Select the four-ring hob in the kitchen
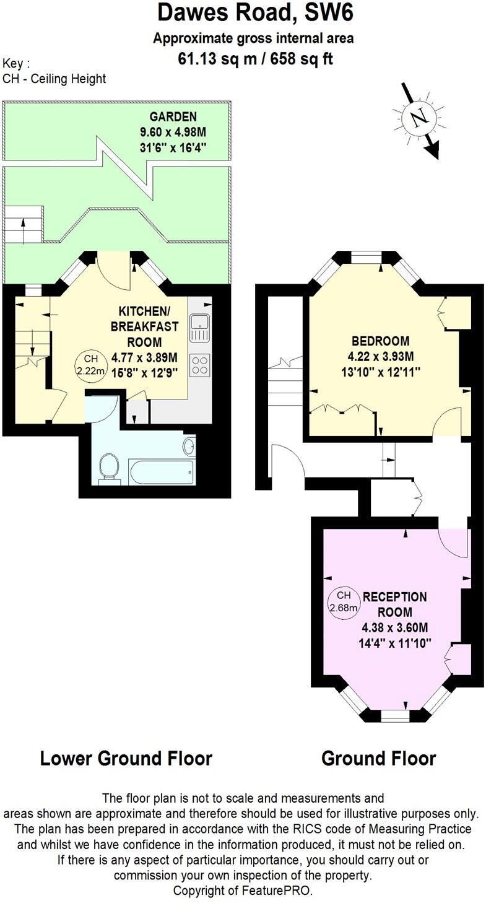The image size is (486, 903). pyautogui.click(x=199, y=364)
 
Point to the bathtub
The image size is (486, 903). pyautogui.click(x=162, y=473)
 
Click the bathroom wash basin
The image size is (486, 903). pyautogui.click(x=189, y=445)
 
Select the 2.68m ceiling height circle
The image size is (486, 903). pyautogui.click(x=344, y=601)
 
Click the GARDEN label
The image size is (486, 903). pyautogui.click(x=173, y=116)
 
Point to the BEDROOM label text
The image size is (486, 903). pyautogui.click(x=380, y=341)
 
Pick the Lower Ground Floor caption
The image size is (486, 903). pyautogui.click(x=126, y=758)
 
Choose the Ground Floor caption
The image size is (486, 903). pyautogui.click(x=378, y=758)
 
